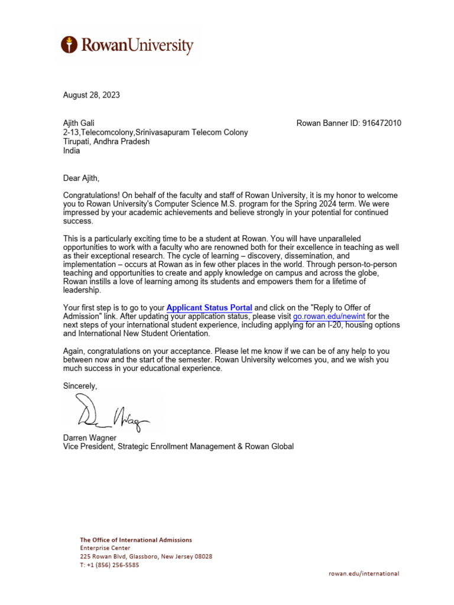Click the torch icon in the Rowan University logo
(x=70, y=45)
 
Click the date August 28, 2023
(x=92, y=95)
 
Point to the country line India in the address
(x=71, y=151)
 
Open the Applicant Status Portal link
(x=209, y=308)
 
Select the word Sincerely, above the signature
(x=80, y=386)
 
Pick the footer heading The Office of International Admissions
(x=136, y=540)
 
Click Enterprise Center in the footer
(x=105, y=548)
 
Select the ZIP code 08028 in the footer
(x=202, y=557)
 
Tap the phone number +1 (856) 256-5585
(x=113, y=565)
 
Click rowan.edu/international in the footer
(x=364, y=573)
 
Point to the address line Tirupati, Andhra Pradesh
(x=106, y=142)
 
